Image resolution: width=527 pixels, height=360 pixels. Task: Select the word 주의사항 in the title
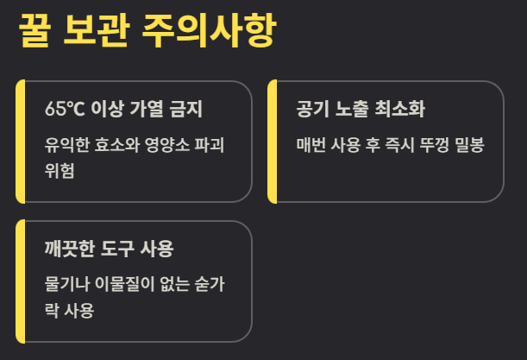pos(211,33)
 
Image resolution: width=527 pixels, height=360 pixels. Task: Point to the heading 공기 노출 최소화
pos(360,110)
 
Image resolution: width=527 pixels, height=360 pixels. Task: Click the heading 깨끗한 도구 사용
pos(110,249)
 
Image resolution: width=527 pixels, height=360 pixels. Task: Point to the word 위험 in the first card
pos(60,169)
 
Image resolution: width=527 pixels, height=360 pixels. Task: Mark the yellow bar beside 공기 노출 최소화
pos(272,142)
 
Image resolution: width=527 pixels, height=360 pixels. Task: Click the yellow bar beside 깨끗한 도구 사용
pos(21,281)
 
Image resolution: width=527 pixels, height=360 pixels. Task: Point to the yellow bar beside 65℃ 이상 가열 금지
pos(21,142)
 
